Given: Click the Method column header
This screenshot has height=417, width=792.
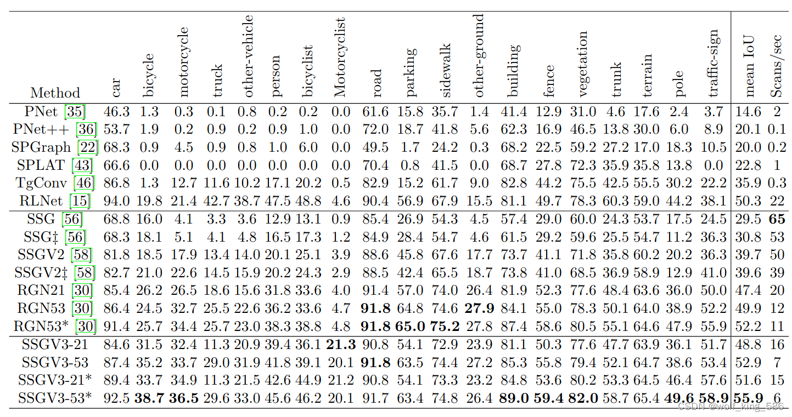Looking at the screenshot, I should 55,93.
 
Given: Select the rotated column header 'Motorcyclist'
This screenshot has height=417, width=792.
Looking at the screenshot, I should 340,57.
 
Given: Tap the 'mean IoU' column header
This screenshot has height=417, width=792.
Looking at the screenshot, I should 749,66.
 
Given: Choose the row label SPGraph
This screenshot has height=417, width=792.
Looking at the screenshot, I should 44,147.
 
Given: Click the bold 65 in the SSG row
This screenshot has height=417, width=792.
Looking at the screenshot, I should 776,220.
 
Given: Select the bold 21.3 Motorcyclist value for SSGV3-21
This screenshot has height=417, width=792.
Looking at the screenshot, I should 340,345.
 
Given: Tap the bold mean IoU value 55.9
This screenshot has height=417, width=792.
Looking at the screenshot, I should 749,398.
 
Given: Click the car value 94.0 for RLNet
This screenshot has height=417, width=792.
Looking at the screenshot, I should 117,201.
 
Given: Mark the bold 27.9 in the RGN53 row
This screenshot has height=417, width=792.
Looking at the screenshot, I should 479,309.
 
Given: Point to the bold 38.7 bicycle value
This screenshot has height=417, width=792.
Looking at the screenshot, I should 149,398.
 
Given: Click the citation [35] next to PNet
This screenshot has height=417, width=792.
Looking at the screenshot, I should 75,112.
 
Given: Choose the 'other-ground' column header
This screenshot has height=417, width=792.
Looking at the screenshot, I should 479,56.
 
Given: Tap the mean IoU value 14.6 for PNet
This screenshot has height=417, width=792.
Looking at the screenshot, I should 749,112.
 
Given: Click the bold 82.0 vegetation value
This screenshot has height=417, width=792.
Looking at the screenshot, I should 583,398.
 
